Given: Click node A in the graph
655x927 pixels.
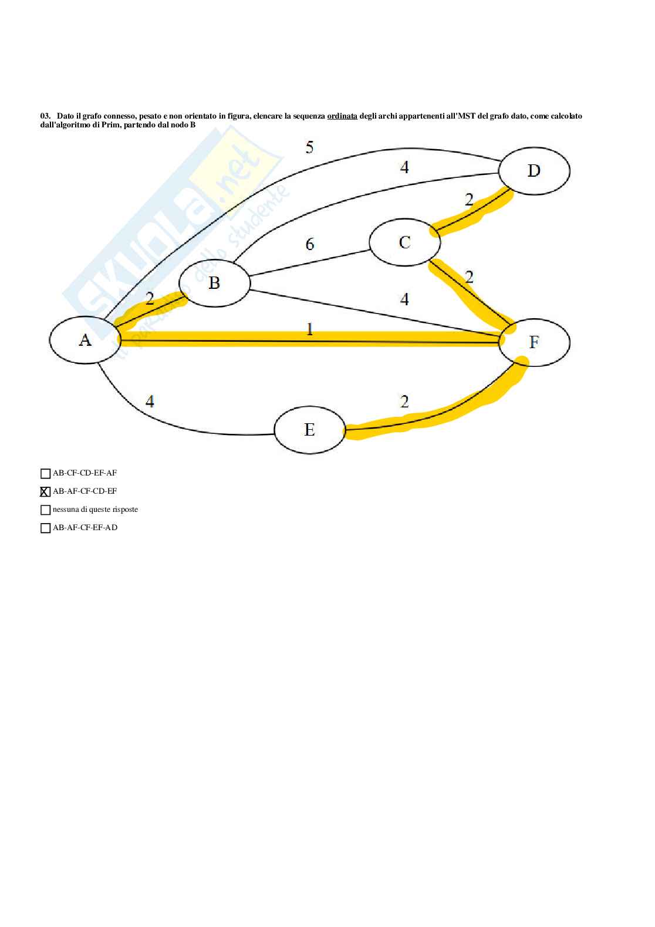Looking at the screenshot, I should pyautogui.click(x=85, y=341).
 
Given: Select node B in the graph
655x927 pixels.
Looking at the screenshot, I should pyautogui.click(x=214, y=283).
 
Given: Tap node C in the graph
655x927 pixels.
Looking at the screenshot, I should pyautogui.click(x=404, y=242).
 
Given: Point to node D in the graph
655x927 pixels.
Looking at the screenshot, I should pyautogui.click(x=534, y=171).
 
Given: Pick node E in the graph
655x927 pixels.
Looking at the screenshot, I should pyautogui.click(x=310, y=430).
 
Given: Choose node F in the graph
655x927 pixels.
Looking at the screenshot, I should pyautogui.click(x=534, y=342).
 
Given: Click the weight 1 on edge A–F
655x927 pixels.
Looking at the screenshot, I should pyautogui.click(x=310, y=330).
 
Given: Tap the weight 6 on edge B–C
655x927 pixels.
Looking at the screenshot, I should pyautogui.click(x=310, y=244).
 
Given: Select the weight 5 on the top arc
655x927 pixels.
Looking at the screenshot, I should pyautogui.click(x=309, y=147).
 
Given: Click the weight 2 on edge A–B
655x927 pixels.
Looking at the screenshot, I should pyautogui.click(x=150, y=299).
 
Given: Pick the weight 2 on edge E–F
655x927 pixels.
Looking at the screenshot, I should pyautogui.click(x=404, y=402).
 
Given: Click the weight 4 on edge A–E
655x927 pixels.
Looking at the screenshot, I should pyautogui.click(x=150, y=402).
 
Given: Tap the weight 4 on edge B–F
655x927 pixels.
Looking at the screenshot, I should pyautogui.click(x=404, y=300).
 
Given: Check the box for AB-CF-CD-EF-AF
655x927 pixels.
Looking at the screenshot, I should pyautogui.click(x=45, y=473).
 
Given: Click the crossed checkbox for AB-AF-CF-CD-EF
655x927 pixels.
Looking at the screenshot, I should pyautogui.click(x=45, y=491).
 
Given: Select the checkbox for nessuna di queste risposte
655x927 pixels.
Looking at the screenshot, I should pyautogui.click(x=45, y=510).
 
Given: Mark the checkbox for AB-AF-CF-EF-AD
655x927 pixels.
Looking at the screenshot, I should pyautogui.click(x=45, y=528).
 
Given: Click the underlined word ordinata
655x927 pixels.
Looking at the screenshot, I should pyautogui.click(x=342, y=116).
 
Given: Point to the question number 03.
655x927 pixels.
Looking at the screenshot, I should pyautogui.click(x=45, y=116).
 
